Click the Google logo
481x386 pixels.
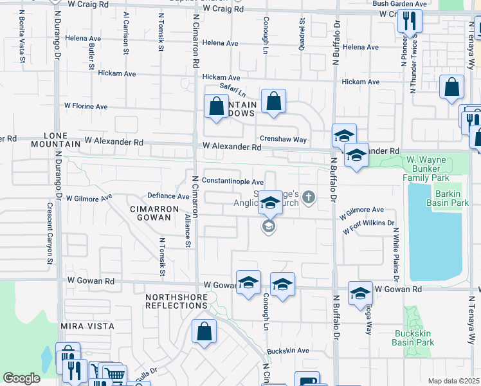tap(21, 378)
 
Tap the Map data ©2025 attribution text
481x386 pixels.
tap(454, 381)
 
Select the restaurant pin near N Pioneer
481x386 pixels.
tap(410, 22)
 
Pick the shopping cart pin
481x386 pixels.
tap(114, 374)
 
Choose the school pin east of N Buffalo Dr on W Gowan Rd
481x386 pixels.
tap(361, 293)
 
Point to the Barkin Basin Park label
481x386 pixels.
tap(446, 197)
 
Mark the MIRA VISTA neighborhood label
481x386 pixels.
tap(87, 326)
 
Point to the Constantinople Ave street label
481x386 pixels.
tap(233, 182)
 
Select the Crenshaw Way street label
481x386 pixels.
tap(283, 139)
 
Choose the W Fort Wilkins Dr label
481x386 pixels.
tap(368, 226)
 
